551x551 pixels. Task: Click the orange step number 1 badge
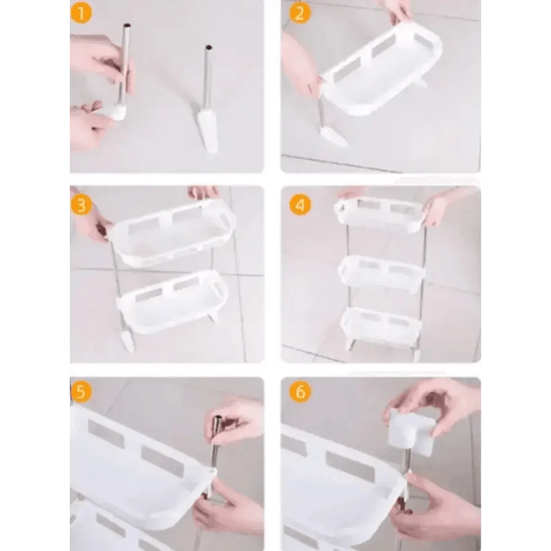click(x=81, y=13)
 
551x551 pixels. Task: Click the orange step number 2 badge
click(x=300, y=13)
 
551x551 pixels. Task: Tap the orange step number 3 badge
click(x=81, y=204)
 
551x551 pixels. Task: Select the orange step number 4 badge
click(x=300, y=204)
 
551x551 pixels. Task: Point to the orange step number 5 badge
click(x=81, y=391)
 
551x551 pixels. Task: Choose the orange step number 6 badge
click(x=300, y=391)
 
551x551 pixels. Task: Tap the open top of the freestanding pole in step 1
click(x=208, y=47)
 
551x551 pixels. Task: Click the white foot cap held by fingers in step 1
click(x=115, y=111)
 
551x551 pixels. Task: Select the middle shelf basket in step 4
click(x=381, y=274)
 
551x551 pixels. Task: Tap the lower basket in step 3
click(x=173, y=301)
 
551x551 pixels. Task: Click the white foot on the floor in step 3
click(x=127, y=342)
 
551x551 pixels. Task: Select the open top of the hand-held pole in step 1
click(x=127, y=26)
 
